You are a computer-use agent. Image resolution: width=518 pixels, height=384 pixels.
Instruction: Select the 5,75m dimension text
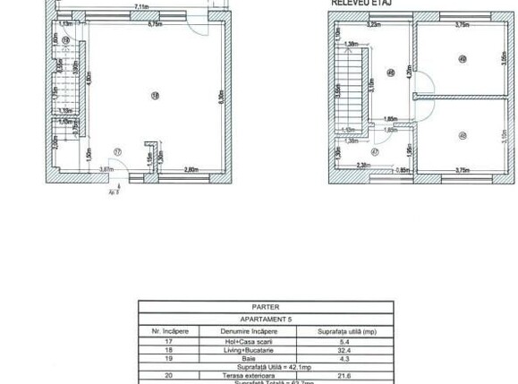(x=154, y=24)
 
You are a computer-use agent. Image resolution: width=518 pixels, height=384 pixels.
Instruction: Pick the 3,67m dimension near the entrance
(x=106, y=169)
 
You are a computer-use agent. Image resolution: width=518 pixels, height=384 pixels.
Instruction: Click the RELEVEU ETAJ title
(x=361, y=4)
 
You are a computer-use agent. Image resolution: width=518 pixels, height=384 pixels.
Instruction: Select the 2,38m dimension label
(x=363, y=165)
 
